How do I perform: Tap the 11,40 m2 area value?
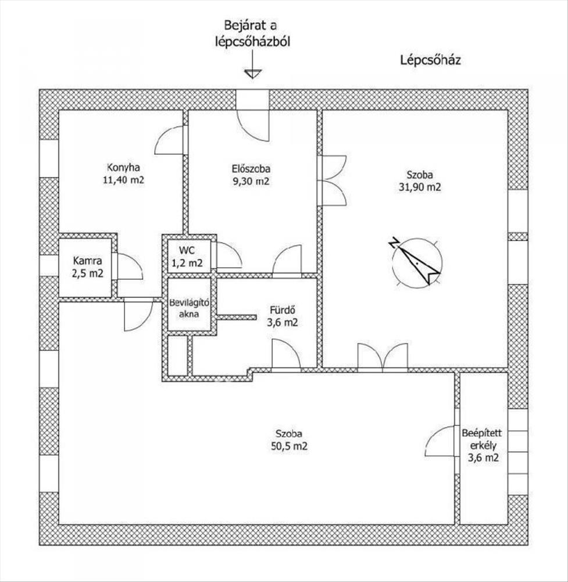point(123,180)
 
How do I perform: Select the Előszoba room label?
point(249,169)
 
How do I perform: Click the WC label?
point(187,250)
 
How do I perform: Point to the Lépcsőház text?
point(430,61)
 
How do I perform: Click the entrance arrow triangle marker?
point(253,73)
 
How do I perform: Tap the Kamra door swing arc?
point(129,267)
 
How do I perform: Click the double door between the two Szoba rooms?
point(383,357)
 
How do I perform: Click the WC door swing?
point(227,255)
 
